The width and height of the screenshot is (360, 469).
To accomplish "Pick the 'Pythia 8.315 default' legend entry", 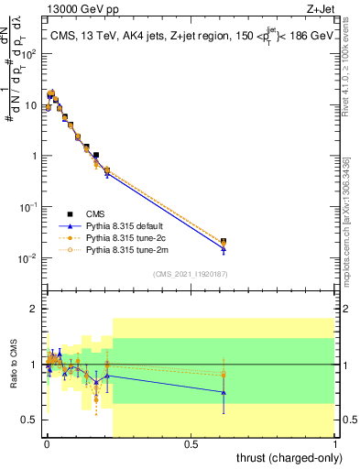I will click(129, 224).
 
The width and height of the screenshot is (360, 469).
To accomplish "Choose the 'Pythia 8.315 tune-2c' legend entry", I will click(129, 236).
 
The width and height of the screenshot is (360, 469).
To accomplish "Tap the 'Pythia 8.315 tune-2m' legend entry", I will click(129, 249).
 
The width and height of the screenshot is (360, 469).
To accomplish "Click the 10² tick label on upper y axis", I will click(28, 54).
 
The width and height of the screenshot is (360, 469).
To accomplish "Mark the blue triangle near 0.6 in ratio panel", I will click(224, 392).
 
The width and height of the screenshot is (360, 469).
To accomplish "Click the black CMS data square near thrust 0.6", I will click(224, 241).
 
